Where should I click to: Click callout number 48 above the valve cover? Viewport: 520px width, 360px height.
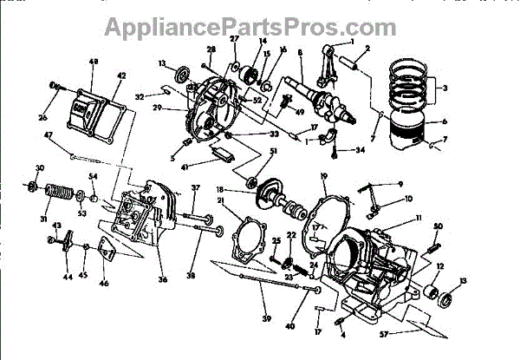click(93, 62)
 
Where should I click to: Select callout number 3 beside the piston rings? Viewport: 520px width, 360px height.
click(445, 88)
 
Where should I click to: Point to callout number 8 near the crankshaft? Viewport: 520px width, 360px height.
click(300, 53)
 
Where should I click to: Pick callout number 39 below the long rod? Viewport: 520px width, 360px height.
click(266, 306)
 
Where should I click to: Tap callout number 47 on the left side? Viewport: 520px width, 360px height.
click(49, 134)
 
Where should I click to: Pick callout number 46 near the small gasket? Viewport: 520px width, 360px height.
click(103, 283)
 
